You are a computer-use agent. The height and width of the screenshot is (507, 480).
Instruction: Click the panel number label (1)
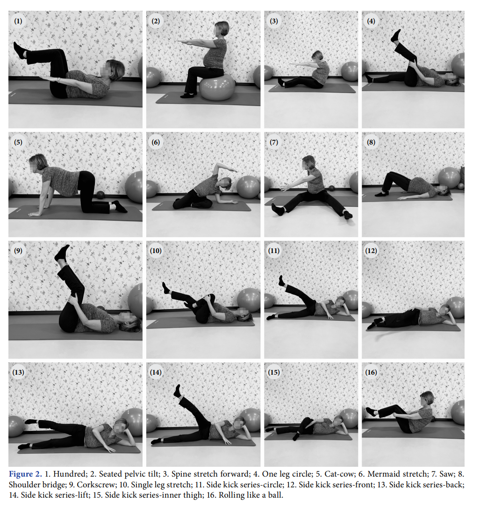[18, 22]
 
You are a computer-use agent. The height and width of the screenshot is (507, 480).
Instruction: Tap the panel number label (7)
[273, 142]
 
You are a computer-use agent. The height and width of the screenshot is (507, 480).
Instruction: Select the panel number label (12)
[371, 251]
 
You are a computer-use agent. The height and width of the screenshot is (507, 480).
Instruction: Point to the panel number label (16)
[371, 372]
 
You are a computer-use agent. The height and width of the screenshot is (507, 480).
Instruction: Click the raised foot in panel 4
[396, 36]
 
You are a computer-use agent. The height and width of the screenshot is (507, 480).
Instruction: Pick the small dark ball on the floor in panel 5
[100, 195]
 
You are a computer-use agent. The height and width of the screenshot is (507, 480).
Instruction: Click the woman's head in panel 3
[317, 56]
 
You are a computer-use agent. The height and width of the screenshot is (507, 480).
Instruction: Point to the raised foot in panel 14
[177, 391]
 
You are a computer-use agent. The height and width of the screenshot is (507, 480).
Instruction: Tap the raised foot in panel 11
[282, 281]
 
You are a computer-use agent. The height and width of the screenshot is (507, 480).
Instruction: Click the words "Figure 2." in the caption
[25, 474]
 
